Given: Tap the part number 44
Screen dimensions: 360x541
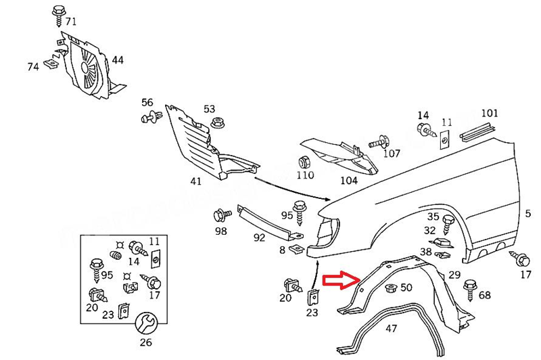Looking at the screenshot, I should pos(118,60).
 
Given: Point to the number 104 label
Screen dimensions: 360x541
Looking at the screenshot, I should pos(349,180).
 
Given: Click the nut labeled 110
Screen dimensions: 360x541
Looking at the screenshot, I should pos(304,162).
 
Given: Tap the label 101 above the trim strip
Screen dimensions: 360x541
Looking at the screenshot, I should pos(489,112).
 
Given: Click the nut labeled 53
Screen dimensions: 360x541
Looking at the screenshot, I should pos(216,122).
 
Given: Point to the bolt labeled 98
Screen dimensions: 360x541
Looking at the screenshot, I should pos(220,215).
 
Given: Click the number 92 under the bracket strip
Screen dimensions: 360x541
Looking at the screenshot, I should pos(259,238).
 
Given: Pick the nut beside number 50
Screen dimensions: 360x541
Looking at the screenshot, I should pos(390,288).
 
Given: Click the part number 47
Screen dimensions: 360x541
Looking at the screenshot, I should pos(391,329).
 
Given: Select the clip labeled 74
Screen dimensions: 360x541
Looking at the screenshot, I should pos(49,64).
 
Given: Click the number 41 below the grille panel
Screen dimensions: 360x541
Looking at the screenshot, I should pos(195,181).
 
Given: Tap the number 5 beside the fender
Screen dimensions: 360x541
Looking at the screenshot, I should pos(527,215).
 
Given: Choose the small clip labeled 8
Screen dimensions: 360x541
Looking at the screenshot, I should pos(296,249).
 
